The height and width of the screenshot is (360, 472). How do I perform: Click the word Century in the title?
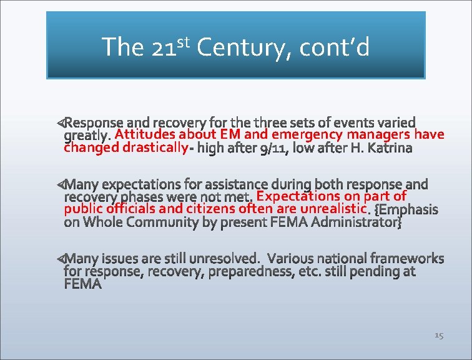tap(241, 47)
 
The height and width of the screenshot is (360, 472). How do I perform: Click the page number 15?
tap(438, 336)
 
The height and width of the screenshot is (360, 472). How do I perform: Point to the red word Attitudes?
tap(145, 134)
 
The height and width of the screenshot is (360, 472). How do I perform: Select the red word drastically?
tap(155, 148)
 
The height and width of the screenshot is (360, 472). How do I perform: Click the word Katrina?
tap(390, 149)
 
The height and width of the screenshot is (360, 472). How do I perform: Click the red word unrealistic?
tap(333, 209)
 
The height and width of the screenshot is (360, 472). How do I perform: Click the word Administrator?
tap(356, 222)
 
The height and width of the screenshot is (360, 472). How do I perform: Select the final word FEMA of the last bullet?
tap(82, 284)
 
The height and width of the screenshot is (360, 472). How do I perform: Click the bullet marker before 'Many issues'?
tap(60, 258)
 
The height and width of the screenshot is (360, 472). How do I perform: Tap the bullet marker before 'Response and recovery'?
tap(60, 121)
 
